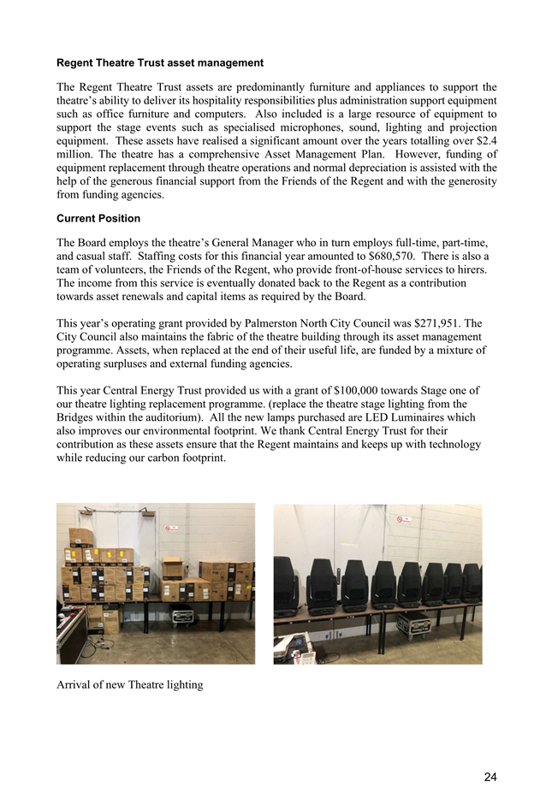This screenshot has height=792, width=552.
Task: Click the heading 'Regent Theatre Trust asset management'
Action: point(159,63)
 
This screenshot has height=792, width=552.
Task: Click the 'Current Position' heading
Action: point(98,219)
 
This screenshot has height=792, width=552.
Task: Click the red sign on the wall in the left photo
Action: point(172,529)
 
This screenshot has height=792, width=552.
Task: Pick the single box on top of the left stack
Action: point(81,536)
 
